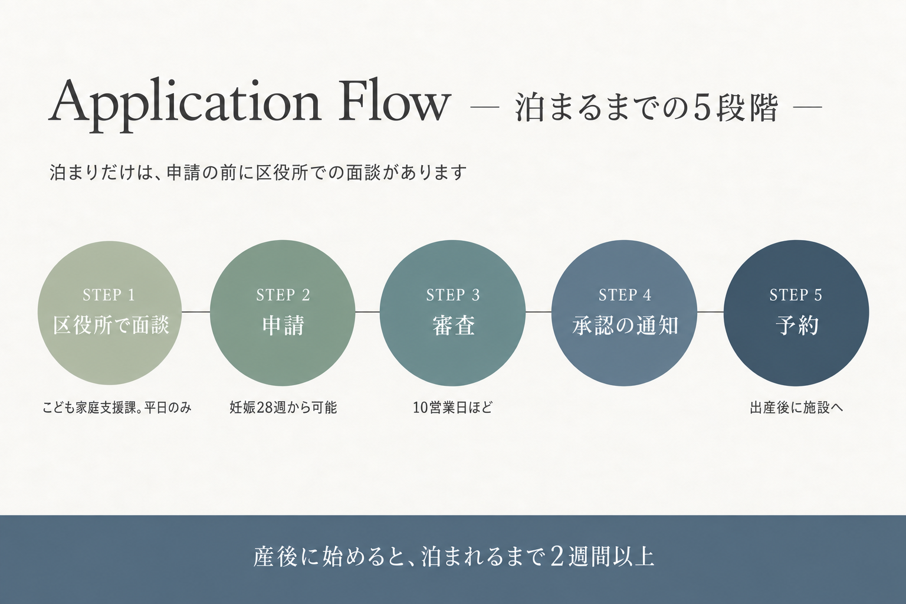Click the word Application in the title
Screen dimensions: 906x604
point(185,105)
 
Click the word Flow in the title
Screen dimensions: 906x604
point(395,100)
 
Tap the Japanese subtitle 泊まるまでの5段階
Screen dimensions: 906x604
point(646,107)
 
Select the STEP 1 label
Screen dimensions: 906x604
point(109,295)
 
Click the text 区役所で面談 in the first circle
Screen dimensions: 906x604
point(111,325)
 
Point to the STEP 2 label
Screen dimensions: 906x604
point(283,295)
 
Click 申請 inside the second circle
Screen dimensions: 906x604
point(283,325)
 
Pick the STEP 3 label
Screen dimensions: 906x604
point(453,295)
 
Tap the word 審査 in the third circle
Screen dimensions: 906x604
point(454,325)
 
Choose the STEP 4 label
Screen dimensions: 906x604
point(625,295)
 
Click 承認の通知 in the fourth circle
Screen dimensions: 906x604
point(625,325)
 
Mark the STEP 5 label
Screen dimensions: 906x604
point(796,295)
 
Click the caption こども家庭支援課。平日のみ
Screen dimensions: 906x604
point(116,408)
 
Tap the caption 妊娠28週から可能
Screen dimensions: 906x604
point(283,408)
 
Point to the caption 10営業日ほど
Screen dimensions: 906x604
point(452,408)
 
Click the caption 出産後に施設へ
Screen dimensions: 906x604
point(796,408)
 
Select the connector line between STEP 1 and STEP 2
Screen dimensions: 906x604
point(196,312)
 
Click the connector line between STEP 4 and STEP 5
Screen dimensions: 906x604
point(710,312)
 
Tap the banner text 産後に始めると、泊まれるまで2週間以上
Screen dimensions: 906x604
point(454,557)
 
